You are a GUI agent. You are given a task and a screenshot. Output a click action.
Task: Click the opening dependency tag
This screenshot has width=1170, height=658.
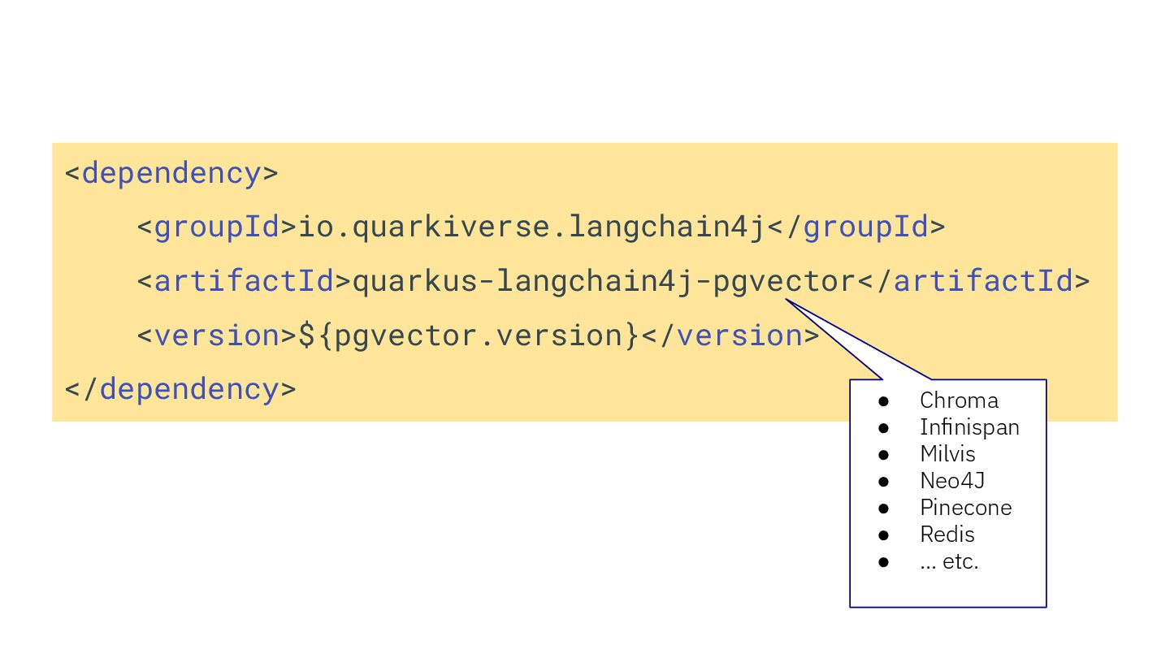point(171,173)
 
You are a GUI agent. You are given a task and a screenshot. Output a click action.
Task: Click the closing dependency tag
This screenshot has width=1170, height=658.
point(180,389)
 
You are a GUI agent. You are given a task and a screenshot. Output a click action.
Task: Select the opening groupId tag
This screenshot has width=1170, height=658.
point(217,227)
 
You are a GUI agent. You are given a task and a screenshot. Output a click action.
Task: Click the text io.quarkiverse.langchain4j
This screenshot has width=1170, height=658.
point(532,227)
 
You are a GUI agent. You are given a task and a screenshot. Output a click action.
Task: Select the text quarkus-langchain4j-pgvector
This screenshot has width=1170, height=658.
point(604,281)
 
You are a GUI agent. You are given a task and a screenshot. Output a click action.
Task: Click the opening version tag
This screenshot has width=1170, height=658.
point(217,335)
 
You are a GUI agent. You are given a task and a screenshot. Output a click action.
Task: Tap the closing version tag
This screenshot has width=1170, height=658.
point(730,335)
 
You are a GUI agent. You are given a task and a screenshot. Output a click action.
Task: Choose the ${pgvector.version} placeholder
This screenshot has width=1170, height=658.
point(469,335)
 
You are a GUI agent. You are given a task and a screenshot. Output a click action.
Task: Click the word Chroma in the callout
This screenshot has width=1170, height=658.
point(959,400)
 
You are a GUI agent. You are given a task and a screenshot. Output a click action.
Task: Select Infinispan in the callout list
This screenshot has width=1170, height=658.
point(969,427)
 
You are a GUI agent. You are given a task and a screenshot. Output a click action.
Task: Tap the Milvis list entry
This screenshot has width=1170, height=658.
point(947,454)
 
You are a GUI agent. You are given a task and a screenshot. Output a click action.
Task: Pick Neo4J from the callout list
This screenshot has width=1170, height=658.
point(952,481)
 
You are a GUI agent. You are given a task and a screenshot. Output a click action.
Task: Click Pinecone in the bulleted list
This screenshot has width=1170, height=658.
point(965,508)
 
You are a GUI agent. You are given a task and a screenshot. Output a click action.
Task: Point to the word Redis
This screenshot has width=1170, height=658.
point(947,535)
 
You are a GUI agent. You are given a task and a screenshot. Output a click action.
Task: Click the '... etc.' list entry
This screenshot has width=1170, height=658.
point(949,561)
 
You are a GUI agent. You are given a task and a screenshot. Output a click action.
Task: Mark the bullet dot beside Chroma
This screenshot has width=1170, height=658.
point(884,401)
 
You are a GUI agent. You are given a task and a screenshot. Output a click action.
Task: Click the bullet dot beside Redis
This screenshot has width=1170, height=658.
point(884,535)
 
